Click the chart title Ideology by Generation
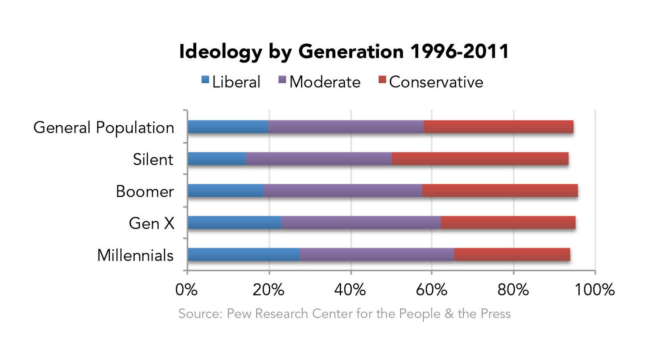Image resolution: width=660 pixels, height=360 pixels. (x=343, y=52)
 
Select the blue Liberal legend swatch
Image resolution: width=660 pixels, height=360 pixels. (x=205, y=80)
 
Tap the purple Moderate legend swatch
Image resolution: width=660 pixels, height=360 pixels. (x=282, y=80)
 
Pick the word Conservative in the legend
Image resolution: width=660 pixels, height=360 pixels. (x=436, y=82)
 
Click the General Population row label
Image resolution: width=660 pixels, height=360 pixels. (x=103, y=128)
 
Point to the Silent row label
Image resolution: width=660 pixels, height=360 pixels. (x=153, y=159)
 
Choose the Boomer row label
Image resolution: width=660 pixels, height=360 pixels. (x=144, y=191)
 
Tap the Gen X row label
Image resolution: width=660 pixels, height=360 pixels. (x=151, y=223)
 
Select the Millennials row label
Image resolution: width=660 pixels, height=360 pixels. (x=135, y=255)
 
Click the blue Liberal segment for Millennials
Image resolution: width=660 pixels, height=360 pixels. (x=243, y=255)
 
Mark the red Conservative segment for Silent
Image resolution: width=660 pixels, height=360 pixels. (x=480, y=159)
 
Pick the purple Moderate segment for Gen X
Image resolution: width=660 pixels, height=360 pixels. (x=361, y=223)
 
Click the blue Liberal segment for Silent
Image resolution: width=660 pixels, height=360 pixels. (x=217, y=159)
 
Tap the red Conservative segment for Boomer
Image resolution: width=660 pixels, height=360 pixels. (x=500, y=191)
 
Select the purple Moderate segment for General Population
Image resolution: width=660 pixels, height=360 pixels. (x=346, y=127)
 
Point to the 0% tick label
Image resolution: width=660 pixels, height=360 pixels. (x=186, y=290)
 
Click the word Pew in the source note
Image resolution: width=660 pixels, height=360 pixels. (x=237, y=314)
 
